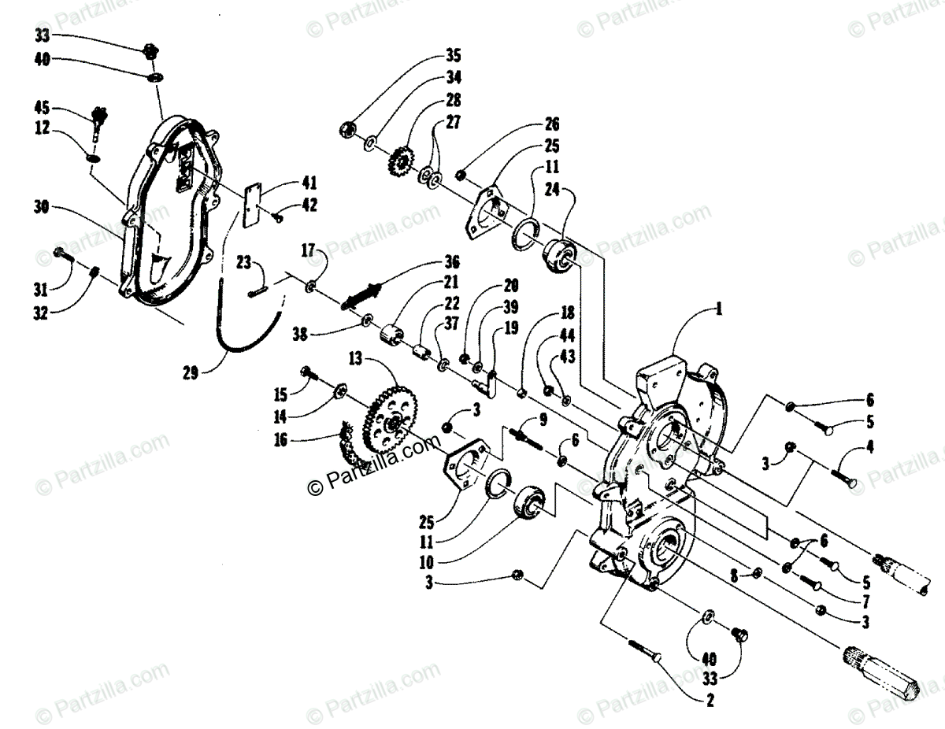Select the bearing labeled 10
[530, 501]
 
